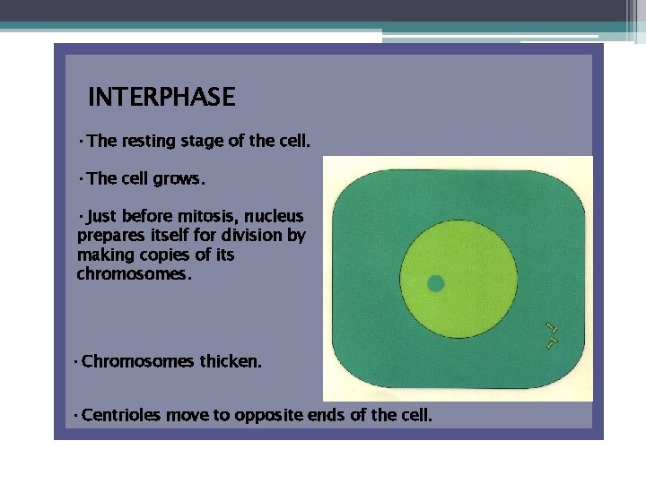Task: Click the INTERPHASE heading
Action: (161, 97)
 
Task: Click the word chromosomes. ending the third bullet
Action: (134, 274)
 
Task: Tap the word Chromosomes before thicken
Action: (138, 362)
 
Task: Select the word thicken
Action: (231, 362)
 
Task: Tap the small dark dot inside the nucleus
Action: (436, 284)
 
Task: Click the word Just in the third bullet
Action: (101, 216)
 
